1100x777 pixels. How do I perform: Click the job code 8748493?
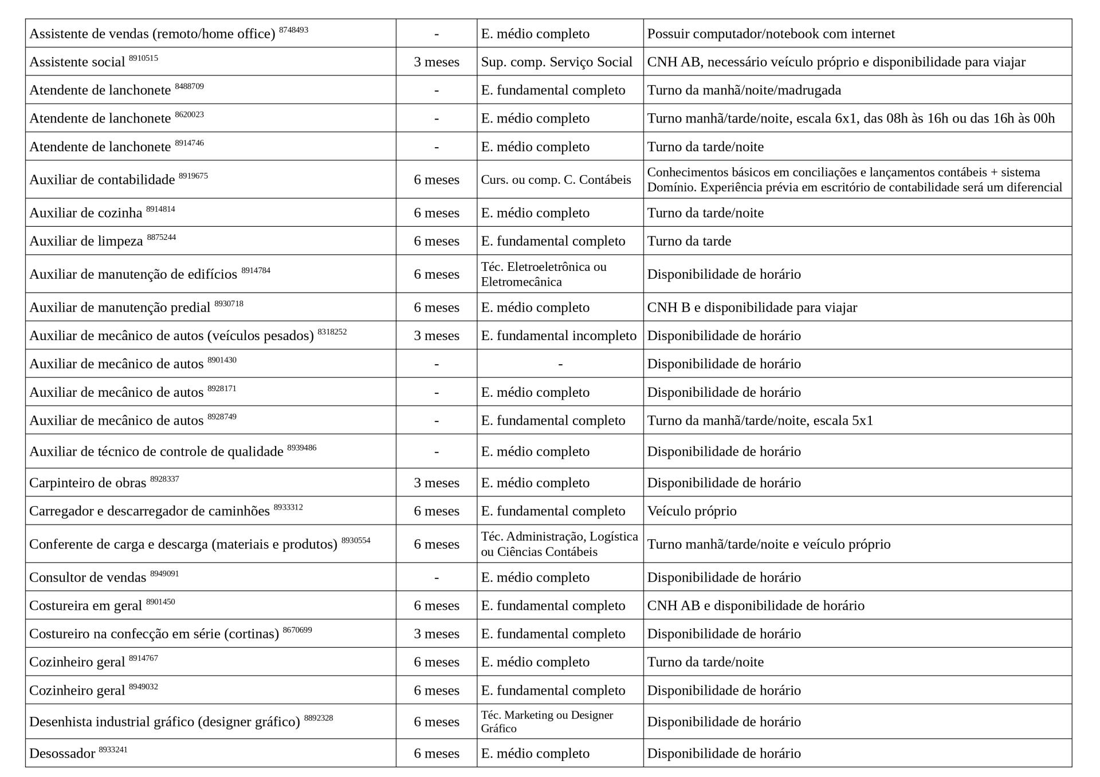coord(293,30)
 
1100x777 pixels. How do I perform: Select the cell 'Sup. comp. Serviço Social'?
coord(556,62)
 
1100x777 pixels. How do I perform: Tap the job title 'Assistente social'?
coord(77,62)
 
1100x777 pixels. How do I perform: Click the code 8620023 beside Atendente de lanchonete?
coord(189,115)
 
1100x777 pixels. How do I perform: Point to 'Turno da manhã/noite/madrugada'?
coord(744,90)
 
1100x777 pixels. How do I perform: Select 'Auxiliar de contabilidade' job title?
coord(102,180)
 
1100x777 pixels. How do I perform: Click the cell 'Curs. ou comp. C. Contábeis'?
coord(556,180)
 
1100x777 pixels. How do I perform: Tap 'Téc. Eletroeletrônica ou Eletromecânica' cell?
coord(543,274)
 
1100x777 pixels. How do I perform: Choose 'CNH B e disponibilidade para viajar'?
coord(752,307)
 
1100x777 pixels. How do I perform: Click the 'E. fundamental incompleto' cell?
coord(559,336)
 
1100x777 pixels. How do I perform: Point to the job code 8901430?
coord(222,360)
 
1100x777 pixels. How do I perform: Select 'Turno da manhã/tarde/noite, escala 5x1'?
coord(760,421)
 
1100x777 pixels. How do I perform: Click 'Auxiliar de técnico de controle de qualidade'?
coord(156,452)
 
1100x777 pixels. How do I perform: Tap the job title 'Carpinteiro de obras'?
coord(88,483)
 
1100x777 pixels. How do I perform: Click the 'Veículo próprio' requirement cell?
coord(692,511)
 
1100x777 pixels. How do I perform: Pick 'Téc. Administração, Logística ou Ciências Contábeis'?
coord(559,544)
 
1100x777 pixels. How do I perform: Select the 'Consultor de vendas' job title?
coord(88,577)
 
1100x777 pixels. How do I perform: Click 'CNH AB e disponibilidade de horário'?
coord(755,606)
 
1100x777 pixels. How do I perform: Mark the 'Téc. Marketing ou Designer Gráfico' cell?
coord(547,721)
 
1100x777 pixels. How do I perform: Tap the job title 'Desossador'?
coord(62,754)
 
